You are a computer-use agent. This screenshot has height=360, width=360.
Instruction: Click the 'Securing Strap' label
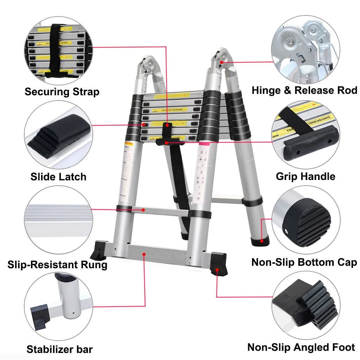62,92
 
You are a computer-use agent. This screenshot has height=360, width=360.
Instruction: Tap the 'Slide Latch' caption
58,176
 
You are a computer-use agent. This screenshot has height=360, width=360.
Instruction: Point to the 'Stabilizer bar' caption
59,349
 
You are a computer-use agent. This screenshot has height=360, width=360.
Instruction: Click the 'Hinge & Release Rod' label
304,90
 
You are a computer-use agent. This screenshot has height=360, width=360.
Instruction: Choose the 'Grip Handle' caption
306,176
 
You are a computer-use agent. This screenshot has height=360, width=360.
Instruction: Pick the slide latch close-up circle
58,135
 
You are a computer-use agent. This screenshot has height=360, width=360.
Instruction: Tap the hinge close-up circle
306,49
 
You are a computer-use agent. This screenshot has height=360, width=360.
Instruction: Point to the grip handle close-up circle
306,135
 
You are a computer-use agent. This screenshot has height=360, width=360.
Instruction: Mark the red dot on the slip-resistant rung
143,210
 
